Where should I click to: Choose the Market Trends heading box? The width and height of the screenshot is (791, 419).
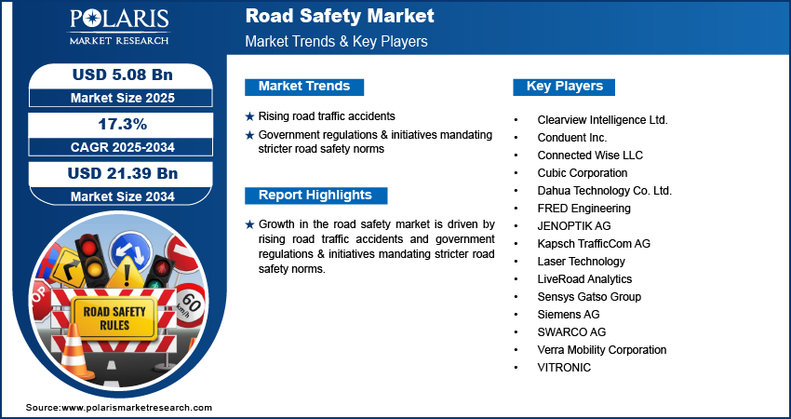click(304, 87)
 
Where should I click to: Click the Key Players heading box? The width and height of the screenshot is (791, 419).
click(565, 87)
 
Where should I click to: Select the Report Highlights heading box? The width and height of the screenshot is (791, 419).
click(315, 196)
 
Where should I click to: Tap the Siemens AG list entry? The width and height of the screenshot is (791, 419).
click(569, 315)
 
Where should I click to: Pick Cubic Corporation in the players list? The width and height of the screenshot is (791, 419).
click(583, 173)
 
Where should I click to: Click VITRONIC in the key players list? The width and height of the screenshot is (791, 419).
click(564, 368)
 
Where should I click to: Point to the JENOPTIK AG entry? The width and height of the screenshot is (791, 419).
click(574, 226)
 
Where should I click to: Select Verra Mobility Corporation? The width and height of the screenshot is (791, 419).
click(602, 350)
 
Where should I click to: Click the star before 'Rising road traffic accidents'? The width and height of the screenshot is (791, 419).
click(249, 116)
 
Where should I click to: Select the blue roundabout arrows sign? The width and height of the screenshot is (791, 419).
click(130, 251)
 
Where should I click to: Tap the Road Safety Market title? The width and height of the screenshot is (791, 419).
click(339, 17)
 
